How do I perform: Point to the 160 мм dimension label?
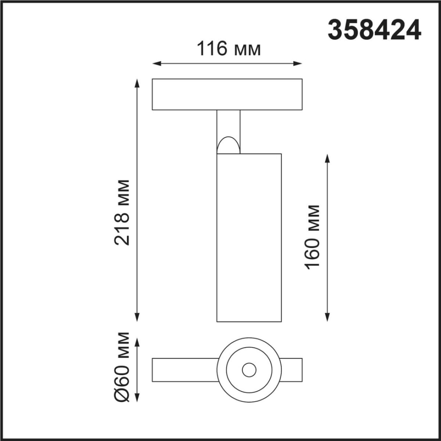[312, 237]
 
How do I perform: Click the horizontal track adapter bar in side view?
[227, 94]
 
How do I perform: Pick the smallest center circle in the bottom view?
[249, 370]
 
